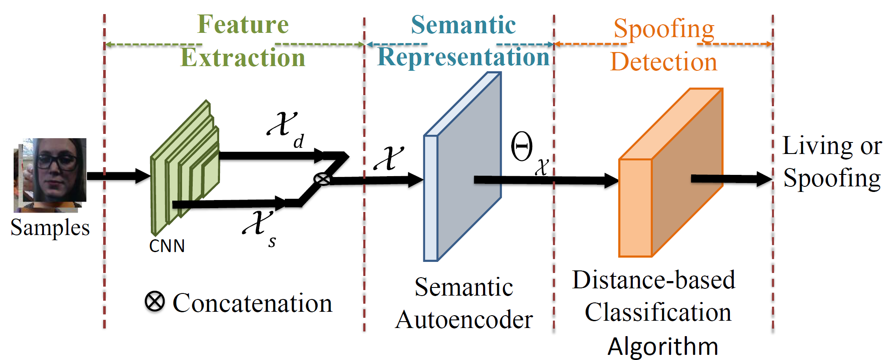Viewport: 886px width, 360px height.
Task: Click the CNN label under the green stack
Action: pyautogui.click(x=167, y=246)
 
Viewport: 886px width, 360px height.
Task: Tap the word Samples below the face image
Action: pyautogui.click(x=50, y=227)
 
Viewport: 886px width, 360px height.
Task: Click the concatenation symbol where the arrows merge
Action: pyautogui.click(x=322, y=179)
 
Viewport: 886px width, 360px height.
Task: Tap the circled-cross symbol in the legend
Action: pyautogui.click(x=154, y=302)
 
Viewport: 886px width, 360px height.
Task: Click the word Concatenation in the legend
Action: pyautogui.click(x=252, y=303)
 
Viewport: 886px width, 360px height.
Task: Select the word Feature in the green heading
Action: pyautogui.click(x=243, y=24)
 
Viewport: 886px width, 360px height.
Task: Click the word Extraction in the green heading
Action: pyautogui.click(x=243, y=58)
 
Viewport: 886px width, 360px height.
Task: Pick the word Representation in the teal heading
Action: pyautogui.click(x=463, y=57)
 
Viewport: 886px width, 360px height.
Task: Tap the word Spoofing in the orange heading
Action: pyautogui.click(x=664, y=29)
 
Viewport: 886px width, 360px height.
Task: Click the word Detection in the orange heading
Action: pyautogui.click(x=664, y=62)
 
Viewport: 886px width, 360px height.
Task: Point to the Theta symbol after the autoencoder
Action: pyautogui.click(x=522, y=146)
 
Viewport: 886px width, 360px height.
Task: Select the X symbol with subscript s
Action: pyautogui.click(x=258, y=223)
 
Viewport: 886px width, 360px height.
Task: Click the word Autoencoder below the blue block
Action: pyautogui.click(x=464, y=320)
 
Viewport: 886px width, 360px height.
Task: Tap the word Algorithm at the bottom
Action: pyautogui.click(x=663, y=346)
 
